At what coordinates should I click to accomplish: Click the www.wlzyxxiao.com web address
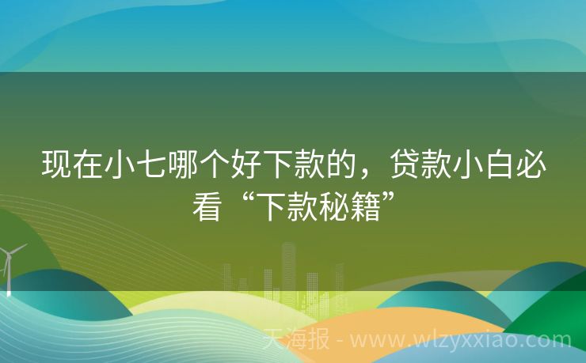point(459,340)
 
